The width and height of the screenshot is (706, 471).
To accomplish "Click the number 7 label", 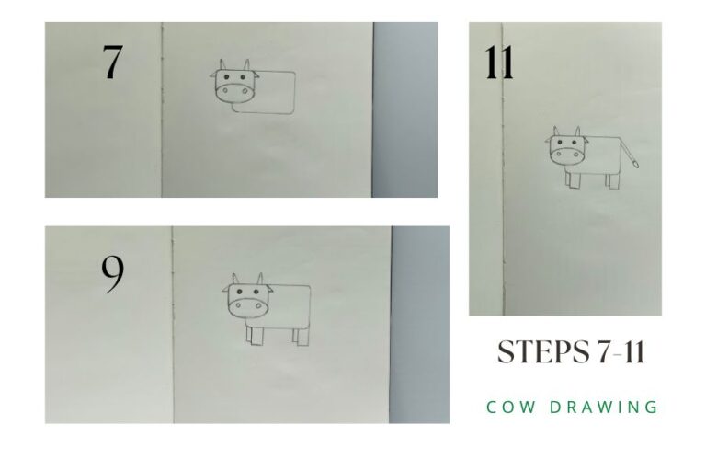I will [x=111, y=62].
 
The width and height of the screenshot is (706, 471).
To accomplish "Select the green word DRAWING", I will [x=611, y=406].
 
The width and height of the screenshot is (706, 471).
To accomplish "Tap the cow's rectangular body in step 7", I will [x=276, y=92].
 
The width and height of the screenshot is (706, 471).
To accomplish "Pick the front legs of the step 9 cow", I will [x=255, y=336].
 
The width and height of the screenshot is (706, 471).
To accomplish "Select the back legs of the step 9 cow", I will [x=301, y=336].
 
